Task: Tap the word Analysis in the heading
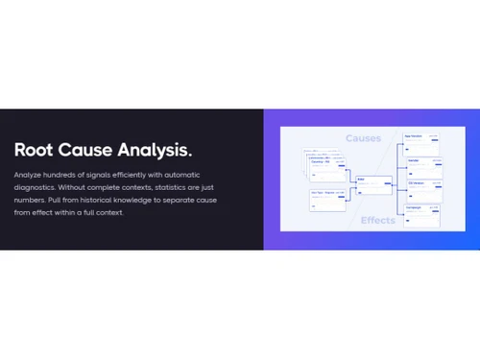pos(157,150)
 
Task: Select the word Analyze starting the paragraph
pos(29,177)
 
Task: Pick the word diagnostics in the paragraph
pos(36,189)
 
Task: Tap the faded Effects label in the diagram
pos(377,220)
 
